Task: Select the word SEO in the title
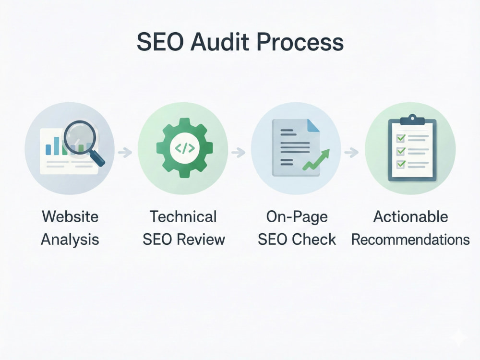click(x=160, y=42)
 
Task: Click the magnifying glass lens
click(x=80, y=136)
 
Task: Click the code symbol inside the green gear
click(x=185, y=148)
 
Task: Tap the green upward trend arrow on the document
click(x=316, y=159)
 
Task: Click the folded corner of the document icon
click(x=313, y=125)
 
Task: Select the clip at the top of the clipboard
click(x=412, y=120)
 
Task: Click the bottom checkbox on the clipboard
click(x=401, y=164)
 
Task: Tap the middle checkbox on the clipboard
click(x=401, y=151)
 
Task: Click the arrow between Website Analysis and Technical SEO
click(x=125, y=152)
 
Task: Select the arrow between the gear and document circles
click(x=239, y=152)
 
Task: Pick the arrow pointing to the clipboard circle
click(x=351, y=152)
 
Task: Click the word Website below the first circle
click(x=70, y=217)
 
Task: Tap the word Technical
click(x=183, y=217)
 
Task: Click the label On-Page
click(x=297, y=217)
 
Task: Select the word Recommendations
click(x=410, y=240)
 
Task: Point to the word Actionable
click(x=411, y=217)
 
